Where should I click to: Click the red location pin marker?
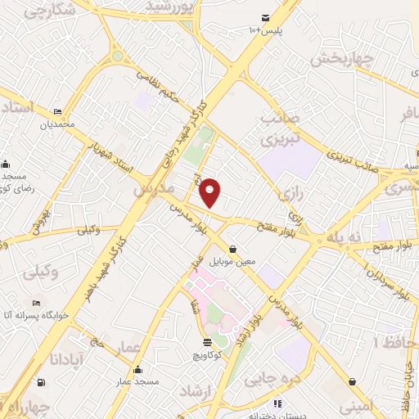[210, 192]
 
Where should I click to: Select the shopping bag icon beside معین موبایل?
[233, 250]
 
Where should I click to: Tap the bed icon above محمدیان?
[56, 111]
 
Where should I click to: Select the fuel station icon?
[41, 381]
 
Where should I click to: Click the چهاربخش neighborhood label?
[342, 60]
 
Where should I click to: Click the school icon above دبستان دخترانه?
[277, 403]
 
